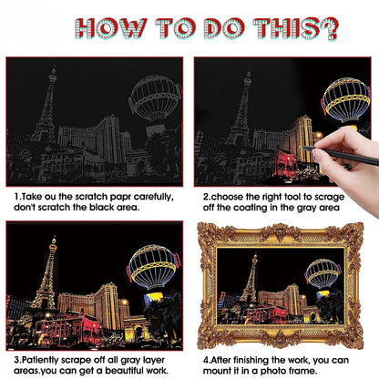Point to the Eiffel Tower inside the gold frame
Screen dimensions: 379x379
(248, 284)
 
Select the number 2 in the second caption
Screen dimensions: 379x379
(206, 195)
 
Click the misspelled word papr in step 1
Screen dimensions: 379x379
(119, 195)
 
